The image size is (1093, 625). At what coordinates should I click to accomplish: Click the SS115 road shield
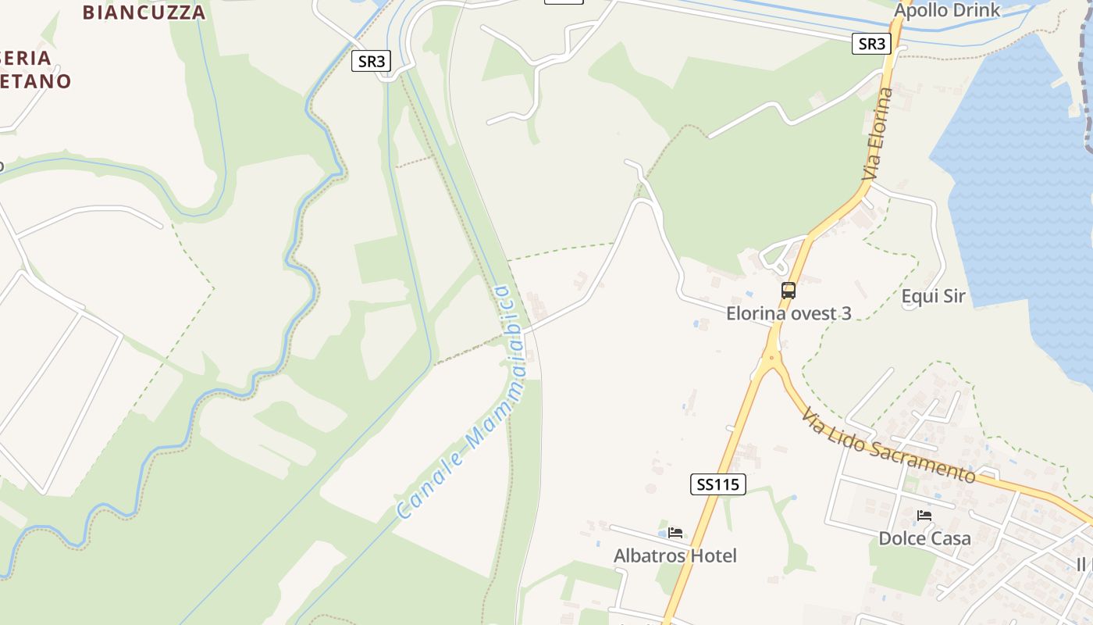[717, 484]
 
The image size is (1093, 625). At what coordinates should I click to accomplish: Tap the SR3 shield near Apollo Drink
[870, 44]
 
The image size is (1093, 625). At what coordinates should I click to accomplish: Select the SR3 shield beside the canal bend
[371, 61]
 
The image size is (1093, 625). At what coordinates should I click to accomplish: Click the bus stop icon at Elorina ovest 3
[789, 291]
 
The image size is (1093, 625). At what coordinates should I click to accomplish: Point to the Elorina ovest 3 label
[789, 313]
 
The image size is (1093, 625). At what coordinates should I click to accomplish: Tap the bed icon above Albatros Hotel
[675, 533]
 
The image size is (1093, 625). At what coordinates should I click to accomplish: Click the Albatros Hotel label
[675, 555]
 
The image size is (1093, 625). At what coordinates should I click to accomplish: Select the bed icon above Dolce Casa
[924, 516]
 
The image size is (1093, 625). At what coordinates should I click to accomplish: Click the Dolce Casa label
[924, 538]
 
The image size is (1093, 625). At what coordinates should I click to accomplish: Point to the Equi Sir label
[933, 296]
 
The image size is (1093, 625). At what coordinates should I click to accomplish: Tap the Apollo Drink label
[946, 11]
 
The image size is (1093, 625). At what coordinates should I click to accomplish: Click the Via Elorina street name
[878, 134]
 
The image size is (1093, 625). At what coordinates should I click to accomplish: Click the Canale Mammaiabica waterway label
[465, 402]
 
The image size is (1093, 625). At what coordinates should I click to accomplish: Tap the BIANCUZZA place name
[144, 12]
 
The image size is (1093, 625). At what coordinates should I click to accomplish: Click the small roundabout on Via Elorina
[772, 359]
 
